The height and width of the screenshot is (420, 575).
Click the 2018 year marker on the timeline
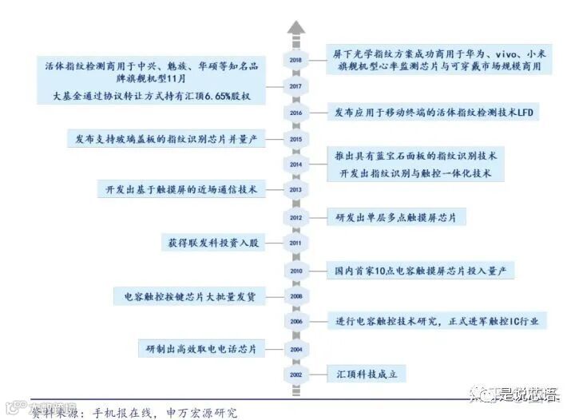pos(296,61)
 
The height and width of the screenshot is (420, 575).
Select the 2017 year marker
pos(296,86)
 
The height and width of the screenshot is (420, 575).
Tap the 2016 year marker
pos(296,113)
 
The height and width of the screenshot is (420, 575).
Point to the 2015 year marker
pos(296,139)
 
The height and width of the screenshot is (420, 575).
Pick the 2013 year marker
pos(296,190)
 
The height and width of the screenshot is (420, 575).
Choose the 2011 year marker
pos(296,243)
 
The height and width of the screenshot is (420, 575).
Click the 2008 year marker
pos(296,296)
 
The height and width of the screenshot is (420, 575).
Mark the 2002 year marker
pos(296,374)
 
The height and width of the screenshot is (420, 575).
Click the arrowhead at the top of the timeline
pos(296,27)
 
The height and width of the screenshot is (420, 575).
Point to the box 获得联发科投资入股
pos(211,243)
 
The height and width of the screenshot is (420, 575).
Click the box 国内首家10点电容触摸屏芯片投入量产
pos(424,271)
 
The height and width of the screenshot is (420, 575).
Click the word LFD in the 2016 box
pos(525,113)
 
